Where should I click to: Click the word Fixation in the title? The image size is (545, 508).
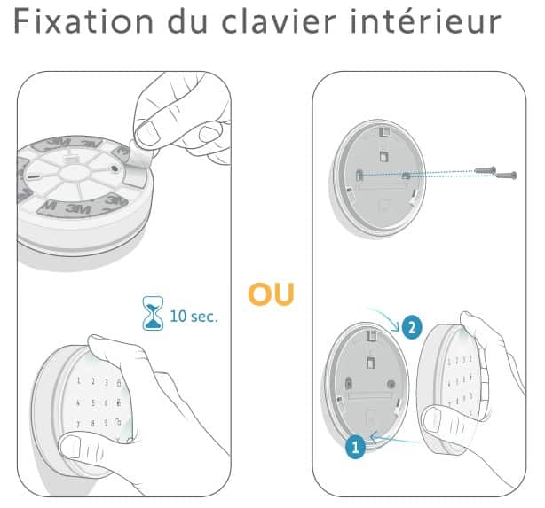[x=83, y=21]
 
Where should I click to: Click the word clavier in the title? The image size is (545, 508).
[x=279, y=20]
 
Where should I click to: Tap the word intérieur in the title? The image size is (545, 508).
[x=425, y=20]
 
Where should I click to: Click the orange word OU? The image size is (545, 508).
[x=271, y=294]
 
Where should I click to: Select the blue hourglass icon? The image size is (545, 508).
[x=153, y=313]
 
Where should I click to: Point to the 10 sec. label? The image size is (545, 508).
[x=194, y=316]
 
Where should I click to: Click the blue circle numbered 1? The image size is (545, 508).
[x=355, y=447]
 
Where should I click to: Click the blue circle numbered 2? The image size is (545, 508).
[x=412, y=327]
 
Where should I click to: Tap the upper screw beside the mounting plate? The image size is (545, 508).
[x=486, y=170]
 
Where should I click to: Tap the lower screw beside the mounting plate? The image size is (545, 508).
[x=506, y=176]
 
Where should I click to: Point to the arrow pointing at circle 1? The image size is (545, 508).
[x=395, y=439]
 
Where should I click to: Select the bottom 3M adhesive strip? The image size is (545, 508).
[x=83, y=206]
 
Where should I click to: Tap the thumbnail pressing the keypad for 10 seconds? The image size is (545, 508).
[x=71, y=446]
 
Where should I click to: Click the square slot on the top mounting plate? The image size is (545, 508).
[x=383, y=155]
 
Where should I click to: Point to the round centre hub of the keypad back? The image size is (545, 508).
[x=74, y=172]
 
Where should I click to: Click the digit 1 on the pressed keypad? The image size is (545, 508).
[x=78, y=381]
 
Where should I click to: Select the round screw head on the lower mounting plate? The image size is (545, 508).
[x=391, y=384]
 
